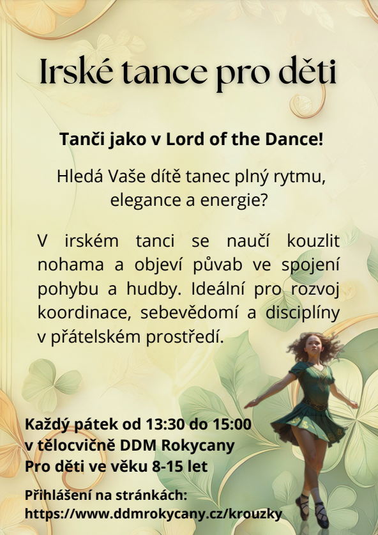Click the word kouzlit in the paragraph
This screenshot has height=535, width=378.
[x=314, y=240]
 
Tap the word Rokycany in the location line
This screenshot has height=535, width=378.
[x=198, y=446]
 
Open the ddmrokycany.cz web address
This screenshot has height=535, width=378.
[x=153, y=514]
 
